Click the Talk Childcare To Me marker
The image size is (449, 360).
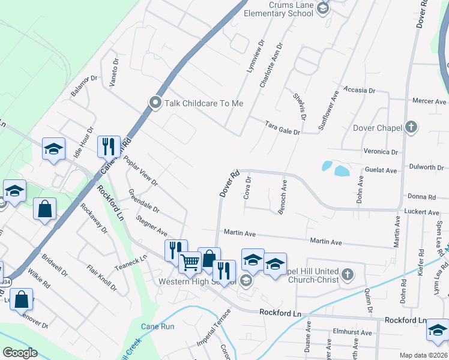[155, 103]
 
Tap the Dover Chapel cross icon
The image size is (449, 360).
[411, 127]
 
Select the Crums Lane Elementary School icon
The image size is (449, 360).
[323, 8]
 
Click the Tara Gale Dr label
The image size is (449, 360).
[282, 127]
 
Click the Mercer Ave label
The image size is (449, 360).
[430, 101]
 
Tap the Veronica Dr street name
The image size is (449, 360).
[381, 152]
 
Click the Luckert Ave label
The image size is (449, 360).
[423, 212]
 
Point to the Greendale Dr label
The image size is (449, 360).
[143, 201]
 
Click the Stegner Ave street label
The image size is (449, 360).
[151, 226]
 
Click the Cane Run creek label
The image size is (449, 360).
[157, 326]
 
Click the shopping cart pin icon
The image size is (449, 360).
[190, 261]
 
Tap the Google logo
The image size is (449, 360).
[20, 353]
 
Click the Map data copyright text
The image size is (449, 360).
[424, 355]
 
